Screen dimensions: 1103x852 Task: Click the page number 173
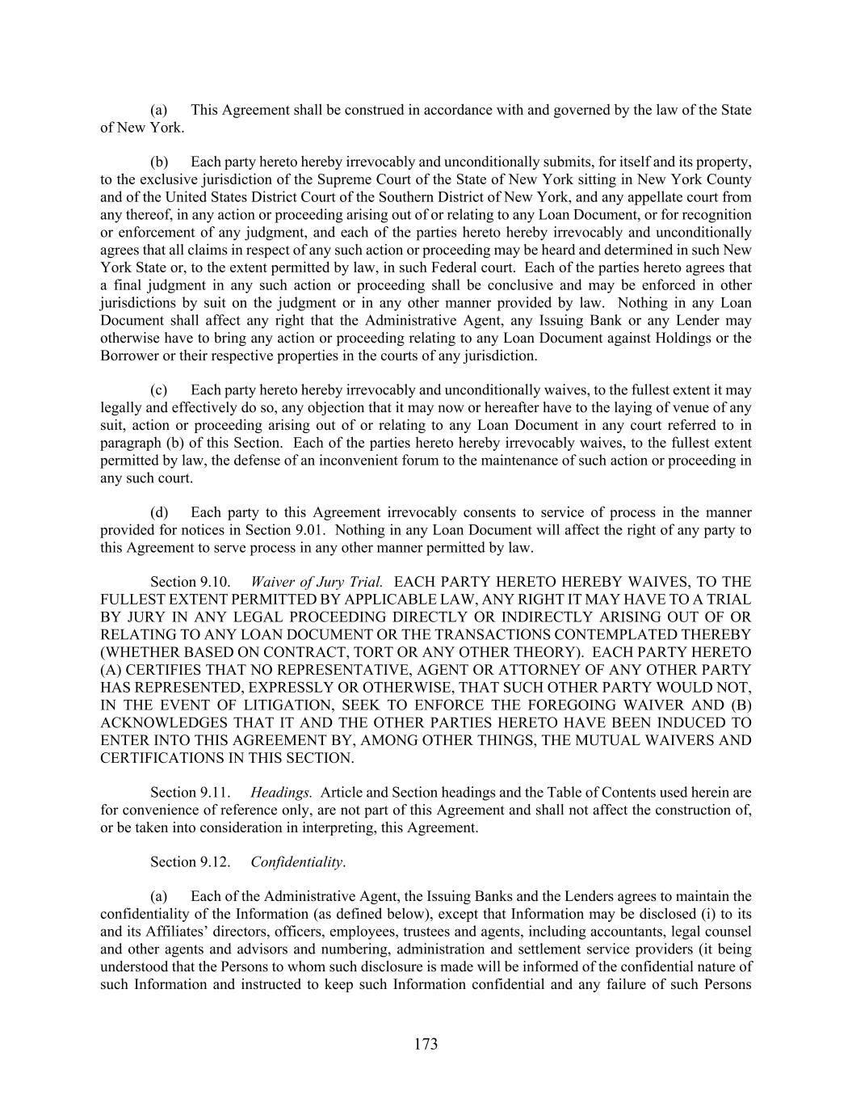[x=426, y=1044]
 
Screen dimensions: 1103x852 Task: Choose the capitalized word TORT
[x=394, y=652]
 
